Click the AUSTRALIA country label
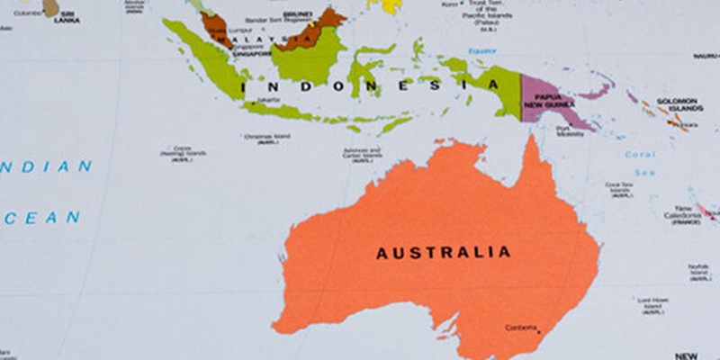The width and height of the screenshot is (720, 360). tap(443, 253)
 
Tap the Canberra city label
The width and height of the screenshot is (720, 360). tap(521, 327)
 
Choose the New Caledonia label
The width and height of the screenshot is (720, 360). tap(683, 214)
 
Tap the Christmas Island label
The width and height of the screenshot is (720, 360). tap(266, 139)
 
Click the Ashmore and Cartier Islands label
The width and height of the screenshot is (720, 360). tap(363, 154)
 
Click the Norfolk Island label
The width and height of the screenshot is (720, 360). tap(699, 269)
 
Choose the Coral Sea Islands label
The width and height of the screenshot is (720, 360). tap(619, 189)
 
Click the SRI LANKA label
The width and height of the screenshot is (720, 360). tap(67, 17)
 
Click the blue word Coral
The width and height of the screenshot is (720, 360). tap(640, 154)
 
